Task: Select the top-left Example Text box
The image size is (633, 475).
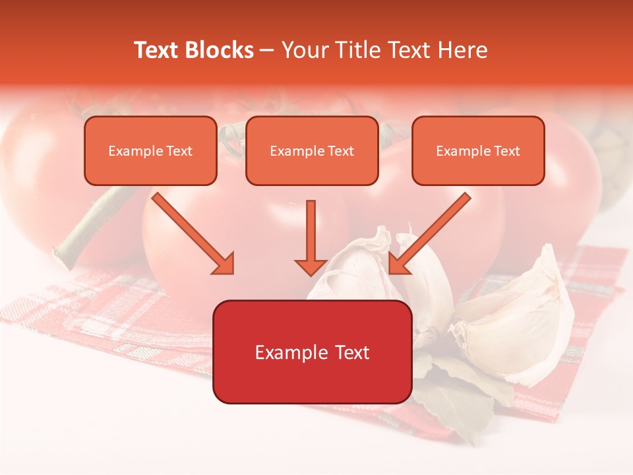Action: [150, 150]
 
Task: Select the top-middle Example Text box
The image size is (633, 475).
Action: [312, 150]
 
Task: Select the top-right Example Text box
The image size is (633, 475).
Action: [478, 150]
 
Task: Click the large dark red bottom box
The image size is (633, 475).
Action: [312, 352]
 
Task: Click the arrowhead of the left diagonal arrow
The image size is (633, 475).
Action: [224, 264]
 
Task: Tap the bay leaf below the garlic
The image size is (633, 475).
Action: [462, 396]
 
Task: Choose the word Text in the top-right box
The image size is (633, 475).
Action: [507, 151]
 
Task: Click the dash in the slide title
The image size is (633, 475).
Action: [267, 50]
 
